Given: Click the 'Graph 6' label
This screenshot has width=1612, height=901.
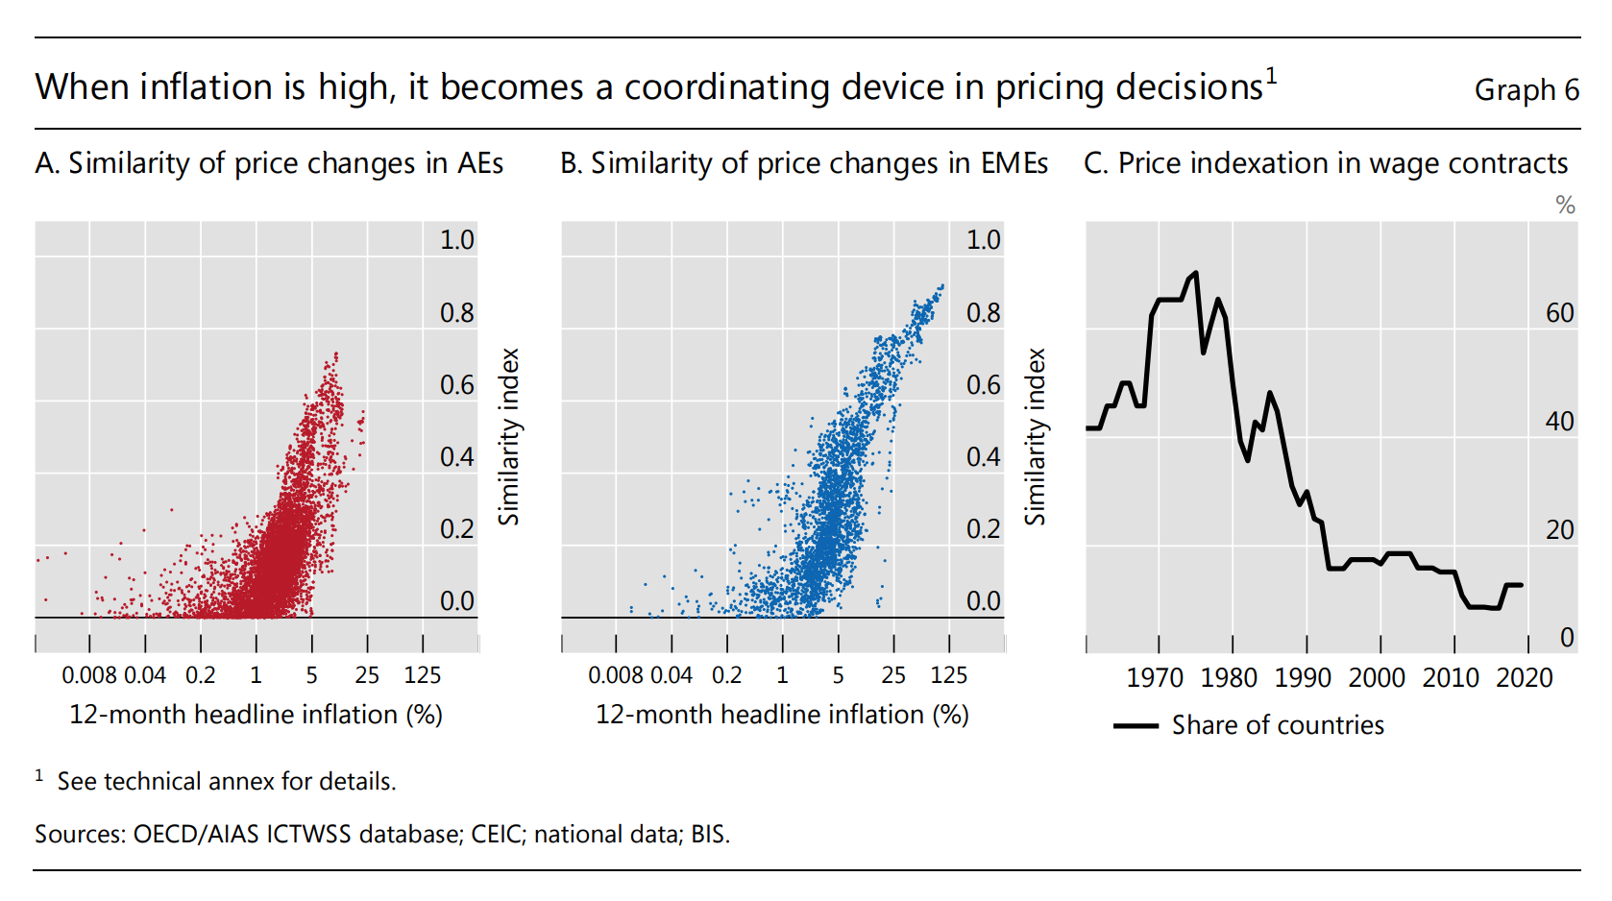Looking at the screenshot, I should (1526, 90).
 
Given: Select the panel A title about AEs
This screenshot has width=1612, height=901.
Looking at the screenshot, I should (269, 163).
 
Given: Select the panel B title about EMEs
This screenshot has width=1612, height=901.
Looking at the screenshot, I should (803, 163).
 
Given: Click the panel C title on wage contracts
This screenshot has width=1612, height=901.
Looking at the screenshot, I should (1325, 163).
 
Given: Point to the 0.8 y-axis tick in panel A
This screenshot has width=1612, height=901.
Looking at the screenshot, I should (456, 313).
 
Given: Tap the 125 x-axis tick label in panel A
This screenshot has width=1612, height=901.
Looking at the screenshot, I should (422, 675).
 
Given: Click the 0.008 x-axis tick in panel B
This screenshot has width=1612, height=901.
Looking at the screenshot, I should (615, 675).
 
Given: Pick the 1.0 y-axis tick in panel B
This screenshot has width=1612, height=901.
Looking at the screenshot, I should (982, 240).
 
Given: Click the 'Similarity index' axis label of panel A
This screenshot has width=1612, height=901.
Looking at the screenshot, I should (508, 436).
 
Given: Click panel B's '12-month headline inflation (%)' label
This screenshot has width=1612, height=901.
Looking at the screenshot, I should (782, 715).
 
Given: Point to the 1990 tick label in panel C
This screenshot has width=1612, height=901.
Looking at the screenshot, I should (1302, 678).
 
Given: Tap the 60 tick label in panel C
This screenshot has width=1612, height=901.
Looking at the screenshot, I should (1559, 313).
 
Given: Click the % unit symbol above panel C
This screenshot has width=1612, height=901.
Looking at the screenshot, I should (1565, 206).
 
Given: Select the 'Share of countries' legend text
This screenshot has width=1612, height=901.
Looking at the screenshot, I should (1277, 725).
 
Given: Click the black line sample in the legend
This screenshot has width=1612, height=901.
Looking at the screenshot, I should (1136, 726).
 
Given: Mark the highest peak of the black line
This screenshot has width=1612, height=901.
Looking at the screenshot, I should (1195, 273).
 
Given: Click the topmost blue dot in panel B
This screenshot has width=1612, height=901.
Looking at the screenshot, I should (942, 285).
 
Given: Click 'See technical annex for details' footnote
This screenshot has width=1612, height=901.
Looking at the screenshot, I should (226, 782).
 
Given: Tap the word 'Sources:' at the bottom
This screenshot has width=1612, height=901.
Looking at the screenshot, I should (80, 834).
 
